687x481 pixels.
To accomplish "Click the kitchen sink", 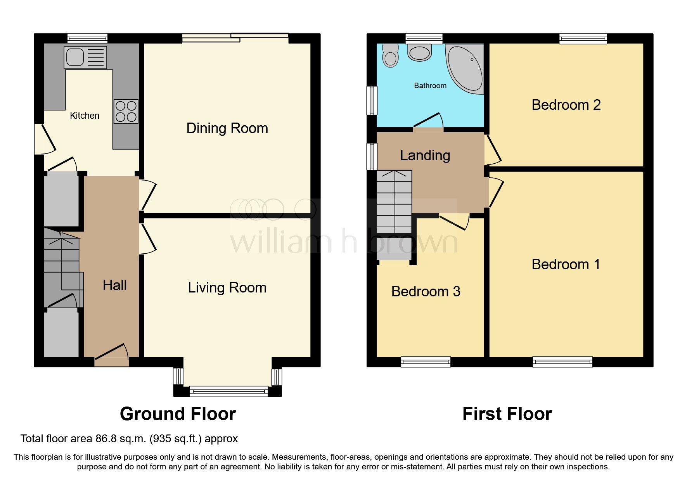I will click(x=85, y=57).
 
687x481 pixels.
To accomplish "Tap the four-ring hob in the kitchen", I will click(x=126, y=111).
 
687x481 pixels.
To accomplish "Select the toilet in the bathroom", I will click(x=390, y=56).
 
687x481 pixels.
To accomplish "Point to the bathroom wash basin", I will click(x=420, y=52).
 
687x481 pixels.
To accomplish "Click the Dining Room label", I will click(x=227, y=128).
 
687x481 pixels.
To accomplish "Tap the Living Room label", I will click(x=227, y=288).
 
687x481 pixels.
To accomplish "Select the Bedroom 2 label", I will click(x=566, y=105).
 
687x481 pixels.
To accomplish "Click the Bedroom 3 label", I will click(x=426, y=292).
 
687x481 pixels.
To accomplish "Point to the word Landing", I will click(x=425, y=156).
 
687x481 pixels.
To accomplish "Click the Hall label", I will click(x=114, y=285).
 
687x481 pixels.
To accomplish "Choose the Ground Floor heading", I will click(x=178, y=414).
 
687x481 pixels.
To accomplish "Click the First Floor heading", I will click(x=507, y=414).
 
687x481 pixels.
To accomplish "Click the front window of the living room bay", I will click(x=228, y=391).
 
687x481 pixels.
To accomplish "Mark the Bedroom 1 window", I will click(x=562, y=362).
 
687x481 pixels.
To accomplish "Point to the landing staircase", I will click(x=394, y=202).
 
